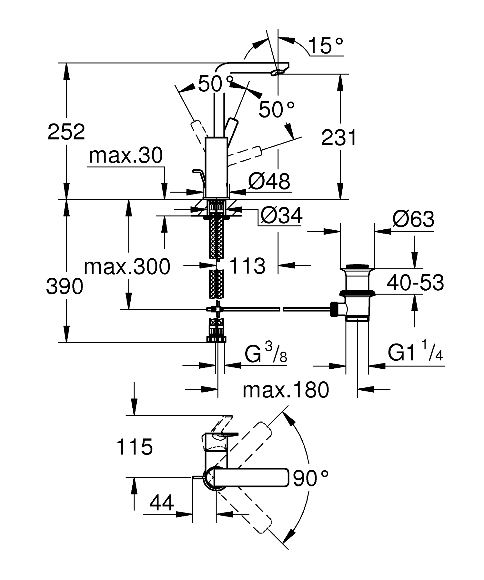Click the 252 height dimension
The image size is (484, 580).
click(x=66, y=132)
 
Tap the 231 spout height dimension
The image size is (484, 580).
click(x=339, y=138)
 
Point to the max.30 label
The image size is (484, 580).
click(x=126, y=156)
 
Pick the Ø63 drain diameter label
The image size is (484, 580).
click(x=413, y=220)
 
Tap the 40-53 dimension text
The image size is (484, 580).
click(x=415, y=283)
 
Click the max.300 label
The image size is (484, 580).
click(x=127, y=267)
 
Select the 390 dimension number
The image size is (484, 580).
click(x=65, y=287)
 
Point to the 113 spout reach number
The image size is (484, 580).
click(x=247, y=266)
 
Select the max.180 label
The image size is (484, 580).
click(x=286, y=390)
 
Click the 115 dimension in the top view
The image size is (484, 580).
click(x=135, y=447)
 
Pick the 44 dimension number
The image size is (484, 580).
click(x=162, y=503)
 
